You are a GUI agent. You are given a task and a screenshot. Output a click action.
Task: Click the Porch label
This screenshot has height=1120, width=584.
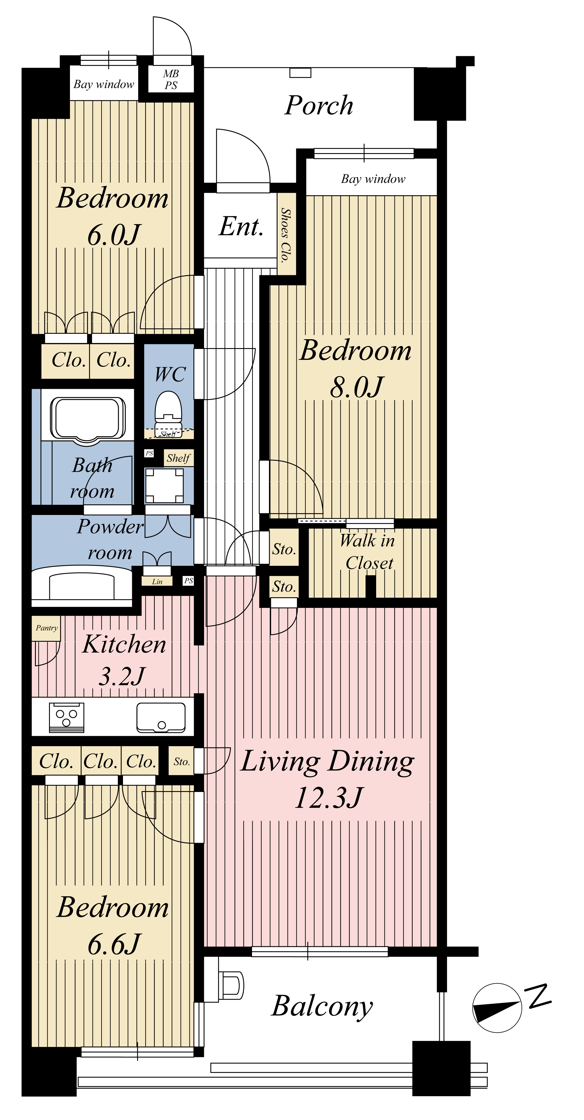(319, 105)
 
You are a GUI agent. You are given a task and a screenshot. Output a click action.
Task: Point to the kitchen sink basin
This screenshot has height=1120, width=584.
(161, 717)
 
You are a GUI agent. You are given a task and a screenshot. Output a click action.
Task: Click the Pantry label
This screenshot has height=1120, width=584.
(46, 628)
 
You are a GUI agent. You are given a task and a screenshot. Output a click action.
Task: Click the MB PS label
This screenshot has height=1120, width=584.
(171, 79)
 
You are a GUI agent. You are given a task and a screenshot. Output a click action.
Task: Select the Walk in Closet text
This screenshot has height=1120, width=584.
(368, 552)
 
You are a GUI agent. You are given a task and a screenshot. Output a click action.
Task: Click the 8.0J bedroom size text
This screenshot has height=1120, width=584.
(357, 387)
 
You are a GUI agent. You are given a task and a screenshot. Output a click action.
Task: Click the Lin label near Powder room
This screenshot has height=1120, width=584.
(157, 581)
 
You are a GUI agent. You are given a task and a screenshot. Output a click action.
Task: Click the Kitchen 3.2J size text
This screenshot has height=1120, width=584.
(122, 676)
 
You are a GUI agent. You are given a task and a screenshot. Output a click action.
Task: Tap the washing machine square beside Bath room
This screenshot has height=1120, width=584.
(164, 486)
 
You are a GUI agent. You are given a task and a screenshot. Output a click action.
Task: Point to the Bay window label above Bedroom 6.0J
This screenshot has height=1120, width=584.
(104, 84)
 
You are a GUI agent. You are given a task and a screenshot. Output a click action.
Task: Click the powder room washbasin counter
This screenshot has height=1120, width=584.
(82, 586)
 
